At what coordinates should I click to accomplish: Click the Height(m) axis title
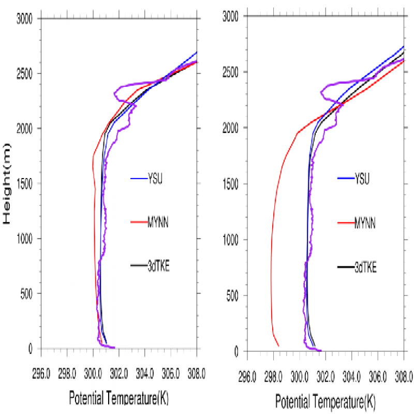click(x=7, y=184)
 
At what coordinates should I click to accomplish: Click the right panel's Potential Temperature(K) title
click(x=326, y=402)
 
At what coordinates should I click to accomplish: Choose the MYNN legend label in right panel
click(x=365, y=223)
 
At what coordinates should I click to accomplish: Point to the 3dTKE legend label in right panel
click(x=365, y=268)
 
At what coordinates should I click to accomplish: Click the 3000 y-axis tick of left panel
click(x=24, y=18)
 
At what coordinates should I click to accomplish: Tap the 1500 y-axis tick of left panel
click(x=24, y=184)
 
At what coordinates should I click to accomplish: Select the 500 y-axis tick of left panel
click(x=26, y=294)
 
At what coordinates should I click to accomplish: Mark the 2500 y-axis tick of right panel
click(x=230, y=72)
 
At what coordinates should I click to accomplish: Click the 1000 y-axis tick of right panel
click(x=230, y=240)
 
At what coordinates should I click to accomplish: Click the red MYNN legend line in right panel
click(x=345, y=223)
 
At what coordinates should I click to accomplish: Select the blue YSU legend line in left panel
click(x=139, y=179)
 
